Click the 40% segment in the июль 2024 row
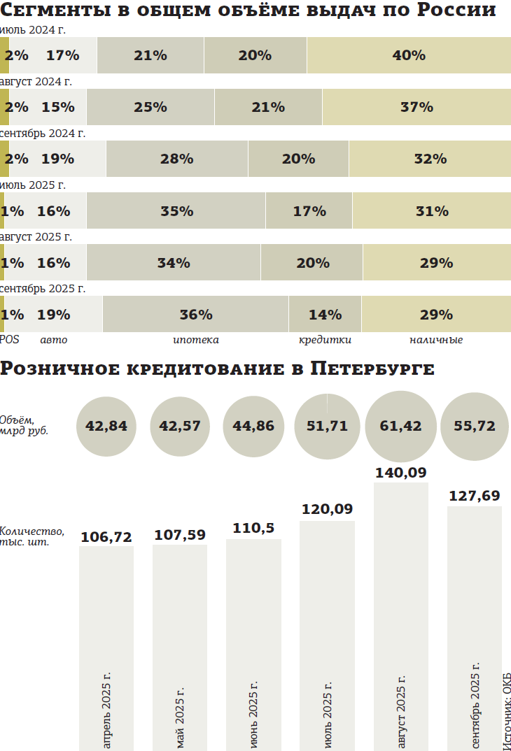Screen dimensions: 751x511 [409, 55]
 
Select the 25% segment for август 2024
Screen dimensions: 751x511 [150, 107]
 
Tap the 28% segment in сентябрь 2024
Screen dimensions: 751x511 [176, 159]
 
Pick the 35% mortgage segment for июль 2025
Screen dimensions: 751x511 [176, 210]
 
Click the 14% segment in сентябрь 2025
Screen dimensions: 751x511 [325, 314]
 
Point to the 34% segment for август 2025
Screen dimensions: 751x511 [174, 262]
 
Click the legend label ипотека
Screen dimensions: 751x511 [196, 340]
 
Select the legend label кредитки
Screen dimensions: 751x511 [325, 340]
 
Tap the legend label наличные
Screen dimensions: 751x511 [436, 340]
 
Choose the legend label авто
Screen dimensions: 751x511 [54, 340]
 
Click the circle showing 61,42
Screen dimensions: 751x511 [401, 426]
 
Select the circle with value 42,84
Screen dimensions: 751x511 [106, 426]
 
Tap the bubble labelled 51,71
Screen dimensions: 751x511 [327, 426]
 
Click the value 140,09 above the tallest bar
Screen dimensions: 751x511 [401, 473]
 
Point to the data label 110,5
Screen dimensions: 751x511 [253, 529]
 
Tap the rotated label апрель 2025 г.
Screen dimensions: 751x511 [106, 710]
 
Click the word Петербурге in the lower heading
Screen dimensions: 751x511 [372, 369]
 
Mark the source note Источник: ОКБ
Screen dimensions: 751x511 [506, 710]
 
